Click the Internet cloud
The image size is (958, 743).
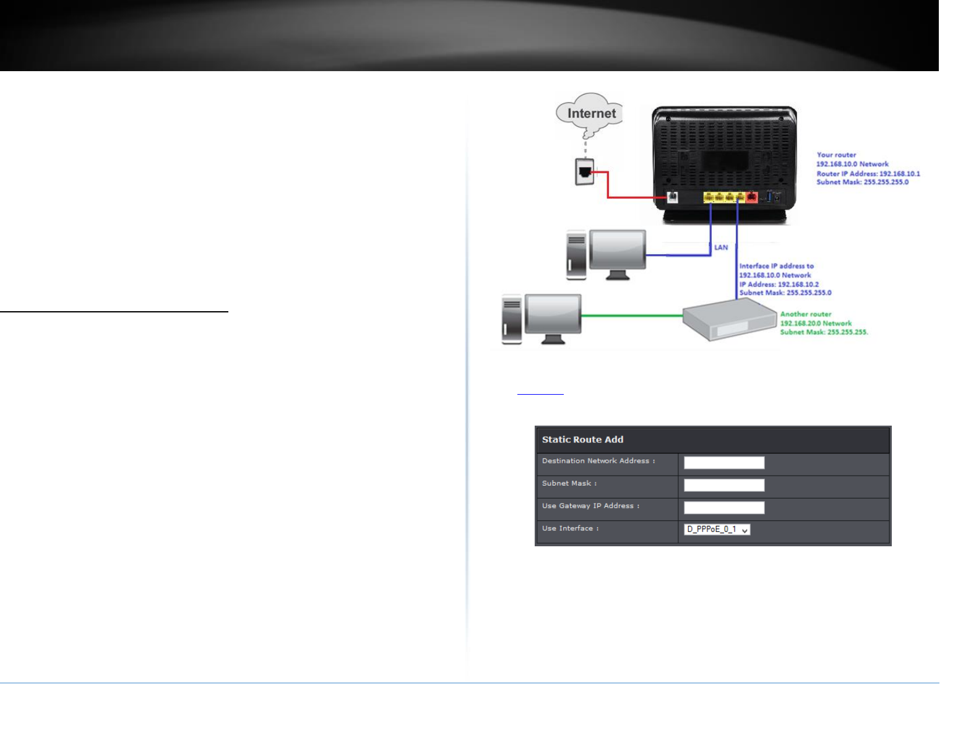[590, 113]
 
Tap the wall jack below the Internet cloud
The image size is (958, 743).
[584, 171]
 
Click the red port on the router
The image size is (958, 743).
[751, 197]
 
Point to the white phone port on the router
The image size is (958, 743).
[672, 197]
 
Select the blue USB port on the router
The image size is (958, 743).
[769, 196]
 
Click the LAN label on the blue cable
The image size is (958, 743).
[721, 247]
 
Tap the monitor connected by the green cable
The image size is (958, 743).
[553, 316]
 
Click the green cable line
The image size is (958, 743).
[631, 316]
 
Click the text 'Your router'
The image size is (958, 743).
[836, 155]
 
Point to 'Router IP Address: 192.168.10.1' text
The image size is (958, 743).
[868, 174]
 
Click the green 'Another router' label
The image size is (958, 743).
[806, 314]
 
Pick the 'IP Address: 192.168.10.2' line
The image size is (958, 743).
[779, 285]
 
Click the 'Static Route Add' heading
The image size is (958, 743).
[582, 440]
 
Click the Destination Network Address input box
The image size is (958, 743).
[723, 463]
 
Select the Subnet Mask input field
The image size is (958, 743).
[723, 485]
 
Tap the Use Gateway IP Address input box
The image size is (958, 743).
[723, 508]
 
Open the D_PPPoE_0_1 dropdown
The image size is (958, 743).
[717, 530]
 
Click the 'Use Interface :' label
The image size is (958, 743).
[570, 528]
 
